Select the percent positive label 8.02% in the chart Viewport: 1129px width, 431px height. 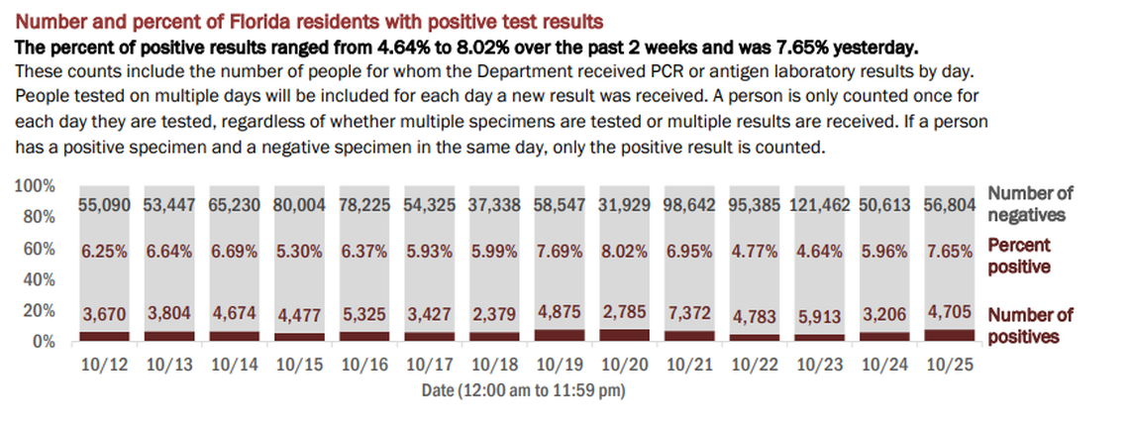click(627, 252)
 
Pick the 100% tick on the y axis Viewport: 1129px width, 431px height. click(36, 187)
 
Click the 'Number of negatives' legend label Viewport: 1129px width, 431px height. click(1030, 203)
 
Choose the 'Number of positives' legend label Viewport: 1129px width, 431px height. click(1030, 326)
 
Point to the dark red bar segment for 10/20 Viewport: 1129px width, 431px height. click(627, 336)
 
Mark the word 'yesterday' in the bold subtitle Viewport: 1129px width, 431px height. click(873, 46)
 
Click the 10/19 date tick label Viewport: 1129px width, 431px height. click(562, 365)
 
